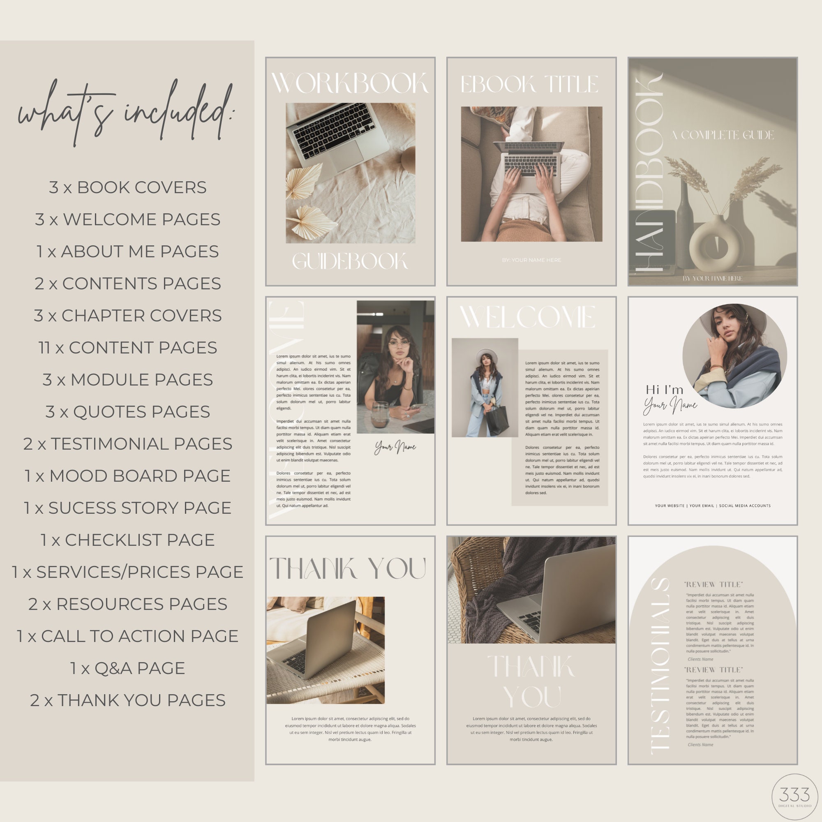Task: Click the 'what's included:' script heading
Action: tap(127, 111)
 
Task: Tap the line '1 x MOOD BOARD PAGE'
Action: tap(128, 476)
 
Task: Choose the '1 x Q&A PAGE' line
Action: tap(128, 668)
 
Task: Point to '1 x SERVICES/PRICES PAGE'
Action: tap(128, 572)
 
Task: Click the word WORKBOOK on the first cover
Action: tap(350, 83)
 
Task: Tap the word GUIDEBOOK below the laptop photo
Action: tap(350, 261)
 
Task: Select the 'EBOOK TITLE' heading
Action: tap(530, 84)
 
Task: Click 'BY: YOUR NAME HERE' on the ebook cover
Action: tap(531, 260)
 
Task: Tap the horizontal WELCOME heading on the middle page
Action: tap(528, 317)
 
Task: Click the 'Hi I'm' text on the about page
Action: tap(665, 389)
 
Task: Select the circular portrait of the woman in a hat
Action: tap(734, 355)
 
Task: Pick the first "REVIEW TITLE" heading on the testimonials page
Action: tap(713, 584)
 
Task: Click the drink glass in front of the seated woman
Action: tap(380, 414)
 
